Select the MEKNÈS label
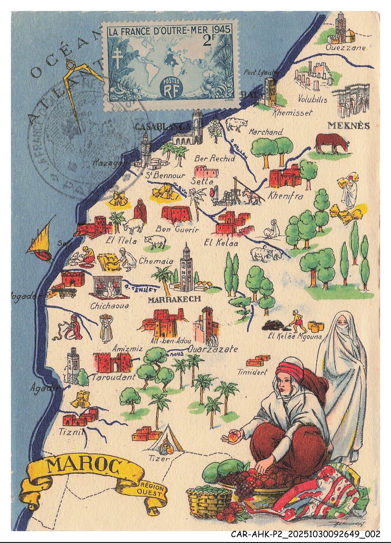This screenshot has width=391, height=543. coord(348,126)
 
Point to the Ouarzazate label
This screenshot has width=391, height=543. coord(213,349)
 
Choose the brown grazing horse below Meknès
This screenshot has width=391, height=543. coord(331,144)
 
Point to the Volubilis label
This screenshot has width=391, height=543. coord(312,99)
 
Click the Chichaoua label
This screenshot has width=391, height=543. coord(109,306)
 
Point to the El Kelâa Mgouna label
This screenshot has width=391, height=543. coord(295,337)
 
